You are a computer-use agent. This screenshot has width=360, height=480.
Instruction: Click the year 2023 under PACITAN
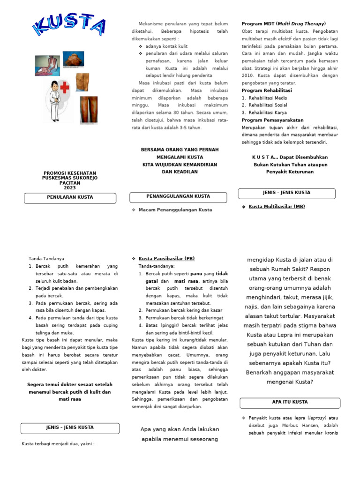click(x=69, y=187)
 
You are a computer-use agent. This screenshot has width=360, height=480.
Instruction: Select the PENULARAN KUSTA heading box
click(x=69, y=197)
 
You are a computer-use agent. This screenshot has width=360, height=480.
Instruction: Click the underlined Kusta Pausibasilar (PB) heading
click(x=166, y=259)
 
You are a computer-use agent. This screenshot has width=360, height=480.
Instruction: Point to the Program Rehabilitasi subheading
click(x=267, y=90)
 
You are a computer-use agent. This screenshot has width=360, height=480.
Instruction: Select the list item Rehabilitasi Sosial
click(x=268, y=105)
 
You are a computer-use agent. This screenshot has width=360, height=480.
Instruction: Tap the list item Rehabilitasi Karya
click(x=267, y=112)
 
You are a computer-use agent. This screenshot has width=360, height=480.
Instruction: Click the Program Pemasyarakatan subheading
click(x=272, y=120)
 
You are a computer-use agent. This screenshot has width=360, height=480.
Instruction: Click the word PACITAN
click(x=69, y=183)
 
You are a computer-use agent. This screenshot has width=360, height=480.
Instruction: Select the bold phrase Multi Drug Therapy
click(x=300, y=24)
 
